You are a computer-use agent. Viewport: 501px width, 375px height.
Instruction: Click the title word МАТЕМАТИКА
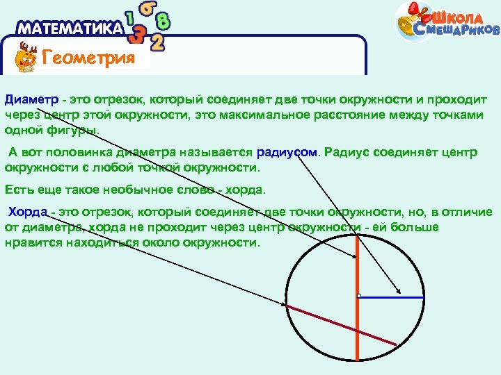70,29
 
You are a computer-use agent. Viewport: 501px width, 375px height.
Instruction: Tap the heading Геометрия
88,58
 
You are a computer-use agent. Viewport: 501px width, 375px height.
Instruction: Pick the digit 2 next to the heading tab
158,42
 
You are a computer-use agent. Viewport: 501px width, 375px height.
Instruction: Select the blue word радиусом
286,152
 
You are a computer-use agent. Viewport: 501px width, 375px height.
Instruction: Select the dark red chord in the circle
341,324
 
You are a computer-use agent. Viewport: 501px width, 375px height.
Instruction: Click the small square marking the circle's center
358,297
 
